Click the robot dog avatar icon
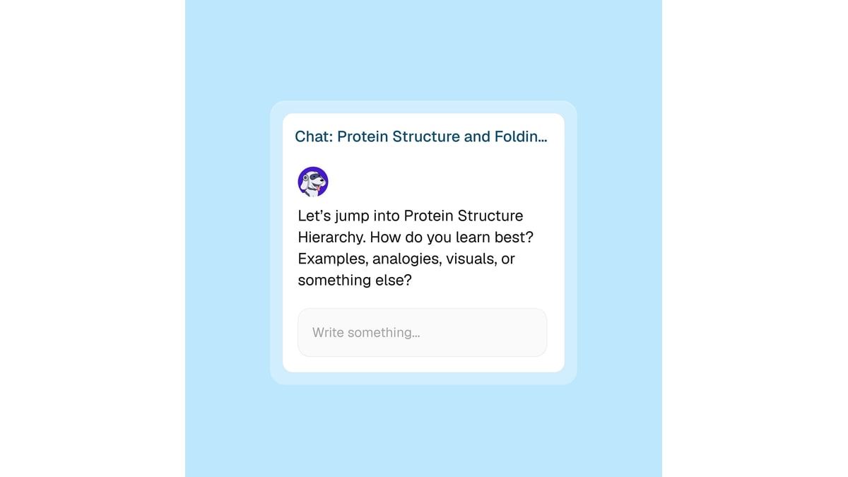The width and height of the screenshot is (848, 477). [312, 182]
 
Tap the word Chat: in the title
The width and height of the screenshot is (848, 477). [314, 136]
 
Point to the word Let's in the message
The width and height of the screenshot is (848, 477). [314, 216]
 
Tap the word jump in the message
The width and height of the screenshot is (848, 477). [352, 216]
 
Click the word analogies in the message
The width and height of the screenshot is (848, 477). [407, 259]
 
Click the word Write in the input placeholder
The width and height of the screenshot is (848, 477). [328, 332]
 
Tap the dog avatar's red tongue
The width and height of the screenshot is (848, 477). [319, 188]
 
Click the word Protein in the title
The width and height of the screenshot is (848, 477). [363, 136]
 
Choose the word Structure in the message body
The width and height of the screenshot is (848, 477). [490, 216]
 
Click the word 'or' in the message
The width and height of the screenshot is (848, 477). [508, 259]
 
